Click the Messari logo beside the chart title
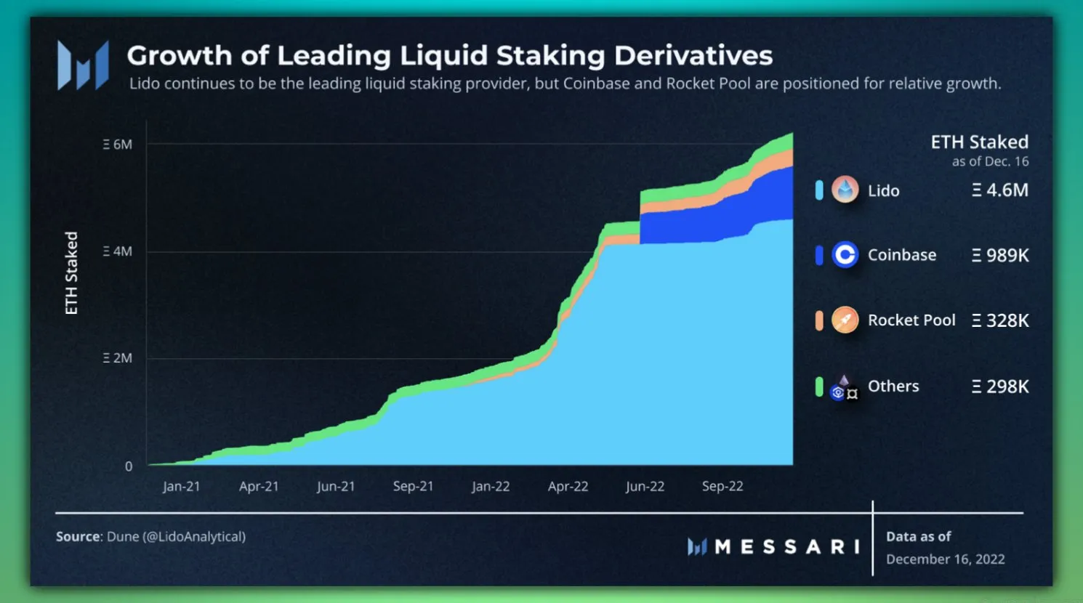click(83, 65)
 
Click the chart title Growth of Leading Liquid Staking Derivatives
click(449, 56)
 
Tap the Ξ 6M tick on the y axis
click(118, 145)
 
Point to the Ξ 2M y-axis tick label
click(118, 358)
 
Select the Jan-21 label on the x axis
click(181, 487)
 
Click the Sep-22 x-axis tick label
click(722, 487)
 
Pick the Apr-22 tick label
click(568, 487)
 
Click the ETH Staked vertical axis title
click(71, 273)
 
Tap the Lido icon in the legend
click(845, 190)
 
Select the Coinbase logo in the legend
click(845, 255)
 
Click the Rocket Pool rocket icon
click(845, 320)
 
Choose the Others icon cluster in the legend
click(844, 387)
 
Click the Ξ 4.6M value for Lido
click(1000, 190)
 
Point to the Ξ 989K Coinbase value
click(1000, 256)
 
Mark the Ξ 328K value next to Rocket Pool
click(1000, 320)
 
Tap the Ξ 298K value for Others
click(1000, 387)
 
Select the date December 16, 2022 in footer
click(945, 559)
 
